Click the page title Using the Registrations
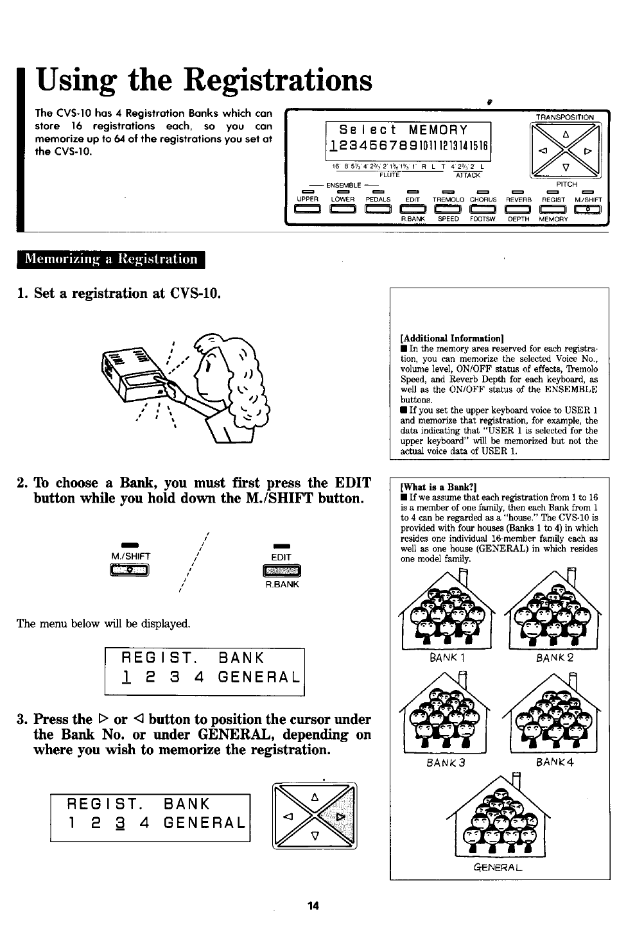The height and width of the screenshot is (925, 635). click(x=204, y=82)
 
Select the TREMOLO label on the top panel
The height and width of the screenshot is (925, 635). click(x=447, y=200)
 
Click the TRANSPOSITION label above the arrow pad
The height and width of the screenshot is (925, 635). click(x=565, y=117)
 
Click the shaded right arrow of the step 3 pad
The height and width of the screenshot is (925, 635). click(x=340, y=816)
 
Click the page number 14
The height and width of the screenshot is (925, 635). click(x=313, y=906)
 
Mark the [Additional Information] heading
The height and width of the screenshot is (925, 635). click(x=451, y=338)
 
